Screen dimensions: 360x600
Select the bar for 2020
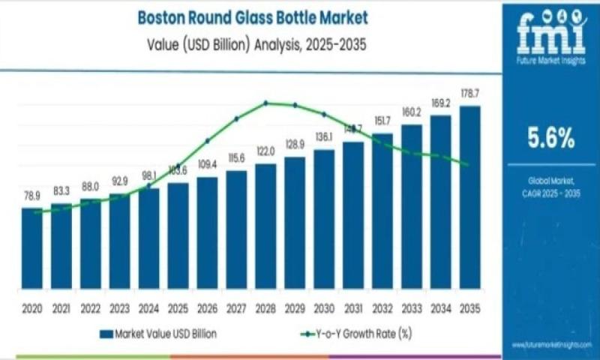pyautogui.click(x=31, y=248)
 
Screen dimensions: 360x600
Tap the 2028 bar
pyautogui.click(x=265, y=225)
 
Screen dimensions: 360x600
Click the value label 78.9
pyautogui.click(x=31, y=196)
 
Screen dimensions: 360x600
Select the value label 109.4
pyautogui.click(x=207, y=163)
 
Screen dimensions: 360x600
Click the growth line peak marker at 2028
pyautogui.click(x=265, y=103)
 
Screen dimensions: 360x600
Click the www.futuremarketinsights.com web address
pyautogui.click(x=553, y=344)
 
